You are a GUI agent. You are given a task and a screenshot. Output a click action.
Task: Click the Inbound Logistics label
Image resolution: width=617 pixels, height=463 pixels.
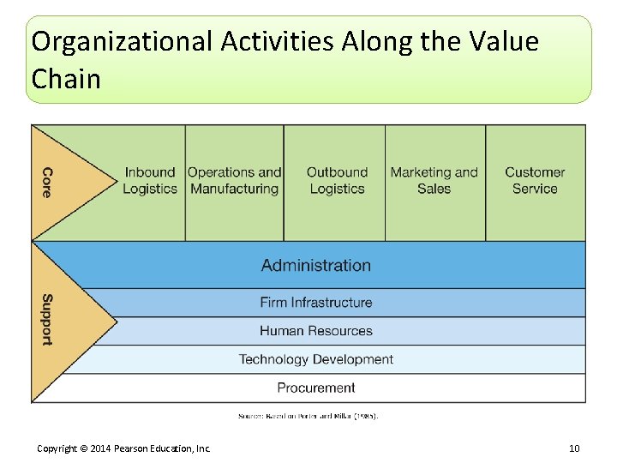(x=150, y=180)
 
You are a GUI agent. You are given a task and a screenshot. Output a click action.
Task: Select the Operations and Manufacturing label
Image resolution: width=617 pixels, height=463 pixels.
(x=234, y=180)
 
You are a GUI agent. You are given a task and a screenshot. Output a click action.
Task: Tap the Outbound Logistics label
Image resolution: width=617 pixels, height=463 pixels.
(x=337, y=180)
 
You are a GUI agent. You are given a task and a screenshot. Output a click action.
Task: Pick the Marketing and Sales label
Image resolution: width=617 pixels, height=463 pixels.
(x=434, y=180)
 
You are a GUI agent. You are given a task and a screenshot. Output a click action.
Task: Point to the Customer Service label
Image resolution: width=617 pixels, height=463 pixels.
(x=535, y=180)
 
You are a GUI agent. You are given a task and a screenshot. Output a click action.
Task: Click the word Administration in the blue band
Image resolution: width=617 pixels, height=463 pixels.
(x=316, y=265)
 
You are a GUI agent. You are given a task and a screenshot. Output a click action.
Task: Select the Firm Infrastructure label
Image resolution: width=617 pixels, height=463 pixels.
(x=316, y=303)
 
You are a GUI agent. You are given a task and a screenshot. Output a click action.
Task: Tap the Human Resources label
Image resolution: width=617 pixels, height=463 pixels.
(x=316, y=331)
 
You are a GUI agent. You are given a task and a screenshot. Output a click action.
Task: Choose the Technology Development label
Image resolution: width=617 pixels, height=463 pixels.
(x=316, y=359)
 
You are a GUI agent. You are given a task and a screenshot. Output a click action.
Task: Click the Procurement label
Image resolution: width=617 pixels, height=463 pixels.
(x=316, y=388)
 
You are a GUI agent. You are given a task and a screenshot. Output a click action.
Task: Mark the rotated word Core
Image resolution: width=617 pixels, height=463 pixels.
(x=47, y=182)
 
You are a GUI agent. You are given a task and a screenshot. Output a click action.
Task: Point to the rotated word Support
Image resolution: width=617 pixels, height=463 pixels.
(x=47, y=320)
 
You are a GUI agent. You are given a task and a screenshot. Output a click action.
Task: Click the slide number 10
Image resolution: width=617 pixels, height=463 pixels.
(x=574, y=448)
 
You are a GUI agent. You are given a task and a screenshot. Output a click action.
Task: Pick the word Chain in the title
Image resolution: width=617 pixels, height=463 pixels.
(x=66, y=79)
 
